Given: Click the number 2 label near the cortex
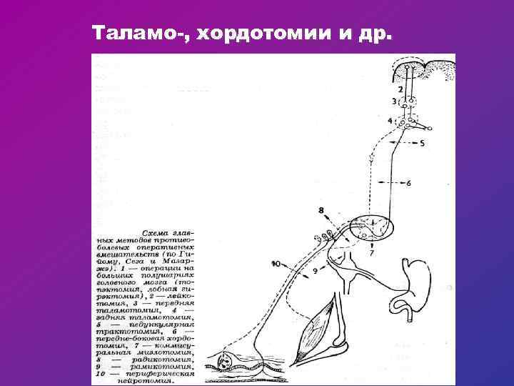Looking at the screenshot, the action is [x=400, y=89].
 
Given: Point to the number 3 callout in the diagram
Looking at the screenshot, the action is [x=394, y=102].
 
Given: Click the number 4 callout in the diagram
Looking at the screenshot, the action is [x=390, y=121].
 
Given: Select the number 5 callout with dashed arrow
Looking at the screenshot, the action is [x=421, y=143].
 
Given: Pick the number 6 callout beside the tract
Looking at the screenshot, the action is [x=408, y=183].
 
